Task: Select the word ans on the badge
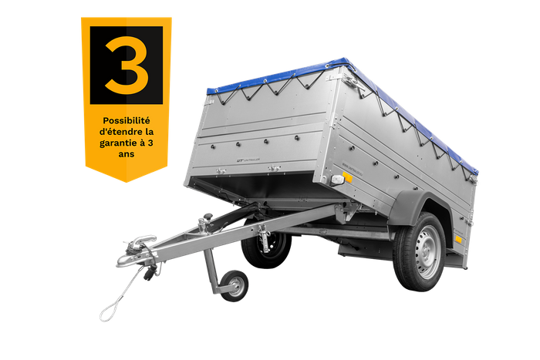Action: click(x=126, y=153)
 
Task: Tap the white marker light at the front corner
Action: click(x=336, y=180)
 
